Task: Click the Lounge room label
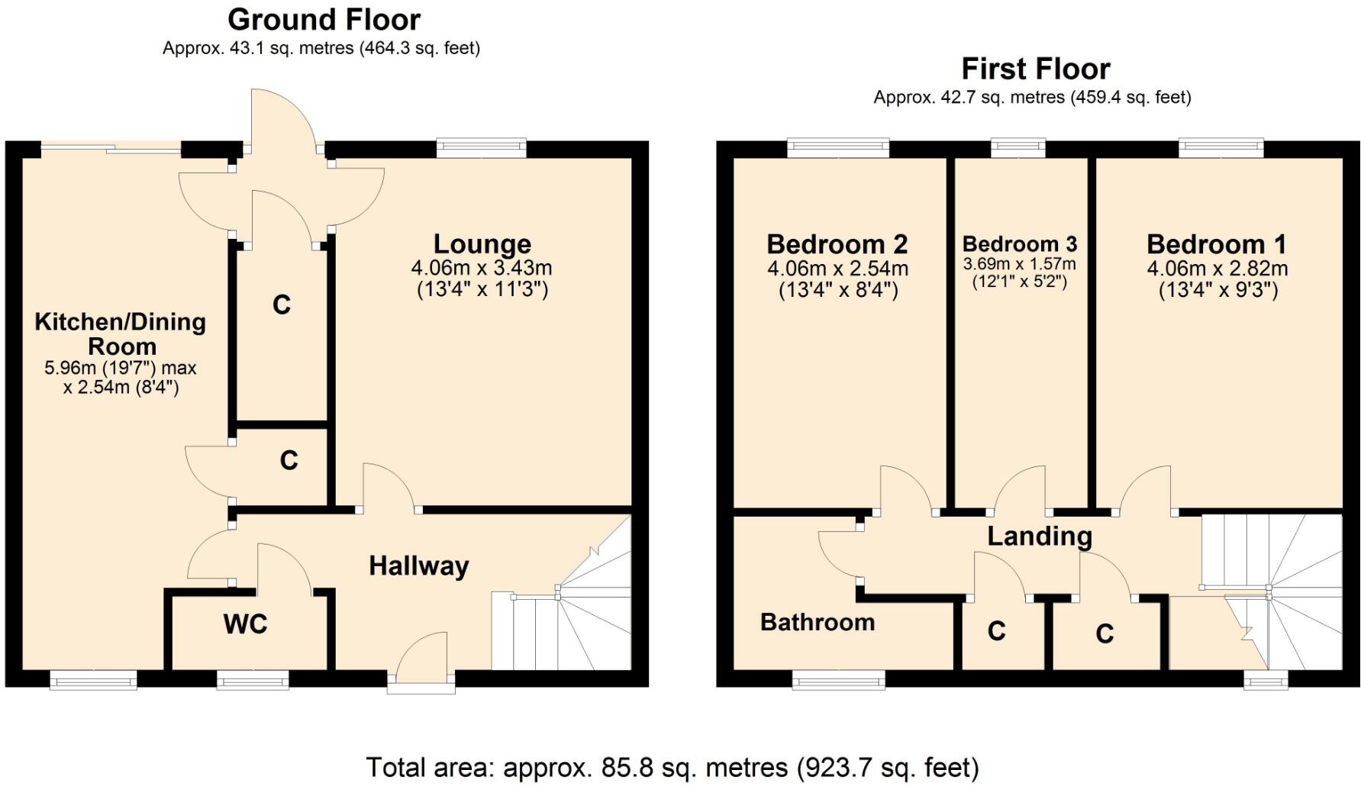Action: (x=482, y=244)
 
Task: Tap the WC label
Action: (x=246, y=624)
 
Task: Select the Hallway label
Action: (x=419, y=566)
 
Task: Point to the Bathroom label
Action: (x=818, y=623)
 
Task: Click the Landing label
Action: (x=1040, y=536)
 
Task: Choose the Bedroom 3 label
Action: (x=1020, y=244)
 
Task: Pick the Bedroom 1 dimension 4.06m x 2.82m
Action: (x=1217, y=269)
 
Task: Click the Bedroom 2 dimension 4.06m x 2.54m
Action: (x=838, y=269)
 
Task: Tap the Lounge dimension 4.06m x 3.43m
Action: (x=482, y=268)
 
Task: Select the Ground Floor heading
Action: (x=324, y=19)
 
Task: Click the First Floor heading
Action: (x=1036, y=69)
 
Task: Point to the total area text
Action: (x=672, y=767)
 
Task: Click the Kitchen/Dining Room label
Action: (x=121, y=333)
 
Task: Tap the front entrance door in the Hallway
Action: (x=421, y=662)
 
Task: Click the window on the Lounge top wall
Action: (x=482, y=148)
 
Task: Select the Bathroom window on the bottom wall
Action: (x=839, y=679)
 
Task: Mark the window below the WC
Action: (x=253, y=679)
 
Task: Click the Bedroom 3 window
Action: (x=1018, y=148)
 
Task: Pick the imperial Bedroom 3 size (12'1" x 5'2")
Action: (x=1020, y=282)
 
